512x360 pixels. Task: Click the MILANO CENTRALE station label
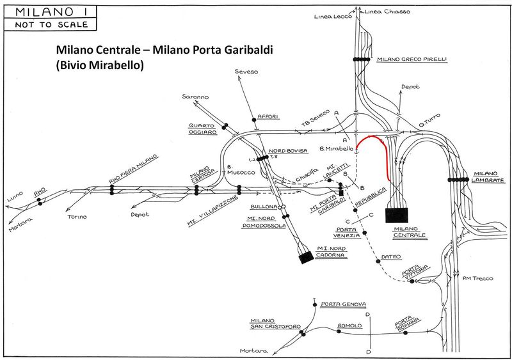click(410, 231)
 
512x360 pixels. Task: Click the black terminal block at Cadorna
click(305, 257)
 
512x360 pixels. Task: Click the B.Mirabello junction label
click(337, 148)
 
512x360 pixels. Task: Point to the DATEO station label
click(390, 257)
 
